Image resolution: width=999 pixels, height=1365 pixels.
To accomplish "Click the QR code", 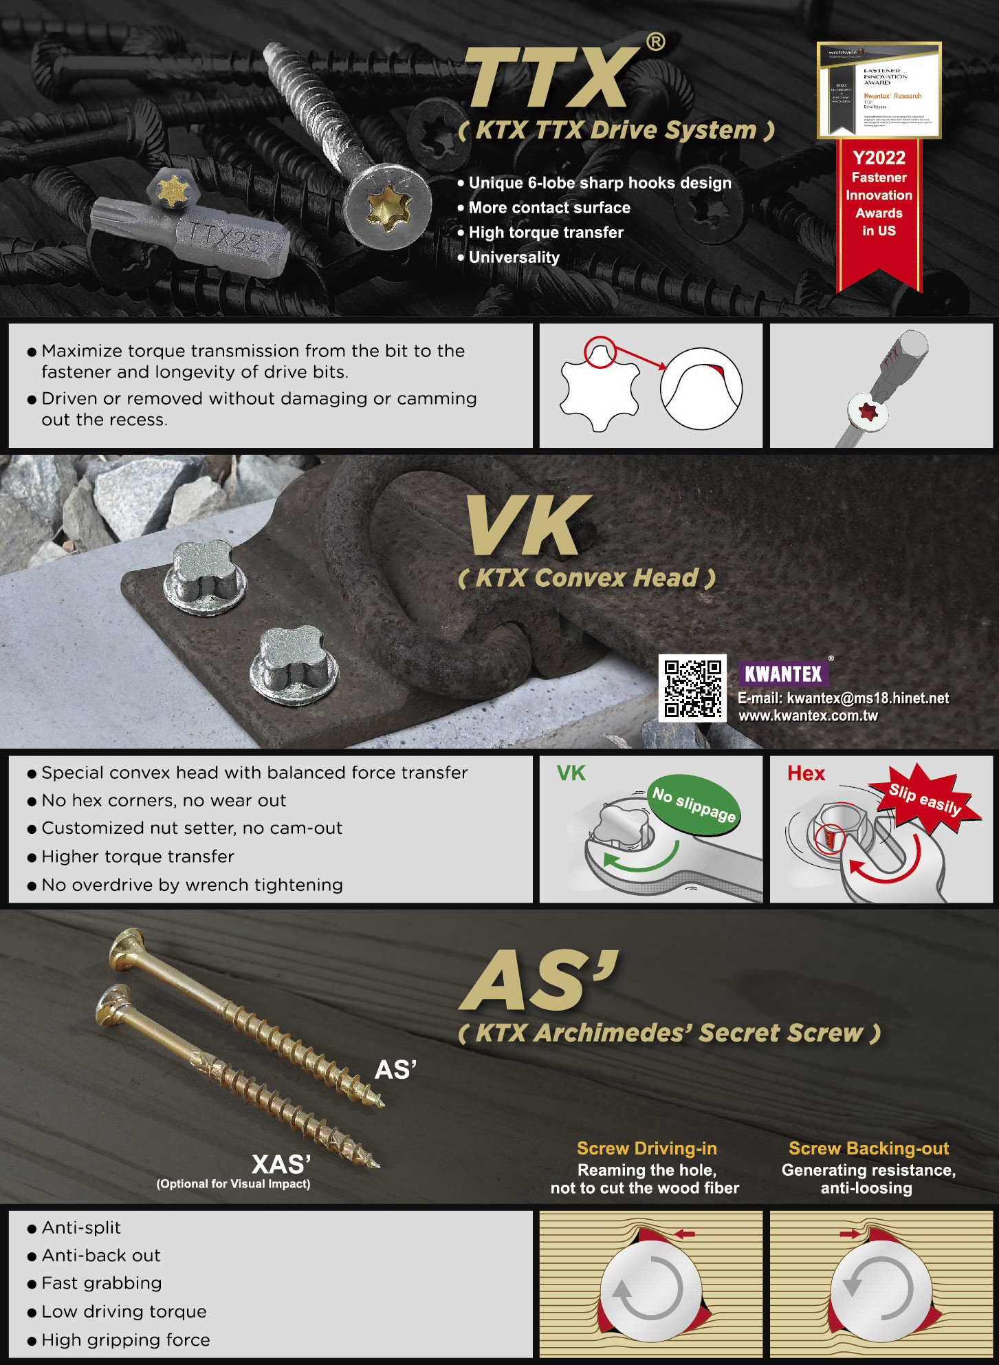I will [692, 688].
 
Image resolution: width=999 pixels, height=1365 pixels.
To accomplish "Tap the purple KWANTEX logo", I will [783, 674].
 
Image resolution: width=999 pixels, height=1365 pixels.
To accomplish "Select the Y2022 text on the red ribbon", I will [879, 158].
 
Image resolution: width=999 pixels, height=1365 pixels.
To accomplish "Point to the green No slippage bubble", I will [694, 804].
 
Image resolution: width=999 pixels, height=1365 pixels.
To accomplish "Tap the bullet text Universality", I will [514, 257].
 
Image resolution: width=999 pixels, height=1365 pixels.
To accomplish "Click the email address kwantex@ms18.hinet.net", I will [867, 698].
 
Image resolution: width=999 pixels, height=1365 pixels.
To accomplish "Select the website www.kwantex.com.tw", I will [808, 716].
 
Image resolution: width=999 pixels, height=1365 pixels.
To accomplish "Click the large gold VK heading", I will [527, 526].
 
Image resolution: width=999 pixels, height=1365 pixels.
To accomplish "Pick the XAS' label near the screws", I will [281, 1164].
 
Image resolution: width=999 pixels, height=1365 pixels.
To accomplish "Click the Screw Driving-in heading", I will [646, 1148].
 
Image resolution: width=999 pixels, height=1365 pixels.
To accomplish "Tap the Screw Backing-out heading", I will [868, 1148].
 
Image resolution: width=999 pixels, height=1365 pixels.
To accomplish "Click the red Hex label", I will [806, 773].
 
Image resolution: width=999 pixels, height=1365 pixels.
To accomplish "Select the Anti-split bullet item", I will [81, 1228].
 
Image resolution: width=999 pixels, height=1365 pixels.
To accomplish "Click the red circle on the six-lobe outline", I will [600, 352].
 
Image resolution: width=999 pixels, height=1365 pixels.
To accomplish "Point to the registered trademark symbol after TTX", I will [655, 43].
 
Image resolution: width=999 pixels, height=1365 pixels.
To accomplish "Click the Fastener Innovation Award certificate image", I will [879, 90].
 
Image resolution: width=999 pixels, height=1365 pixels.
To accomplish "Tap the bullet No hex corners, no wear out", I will [164, 801].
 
